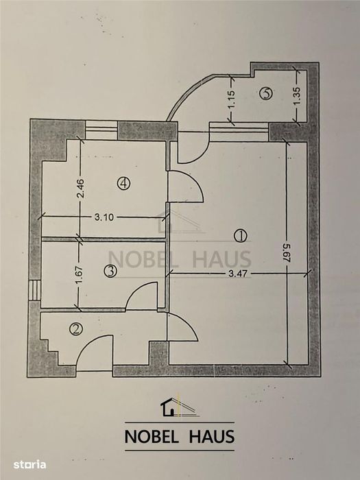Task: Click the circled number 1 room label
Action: click(240, 236)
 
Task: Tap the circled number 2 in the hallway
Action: click(76, 329)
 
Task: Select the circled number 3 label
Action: click(110, 272)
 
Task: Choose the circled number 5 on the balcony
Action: click(266, 93)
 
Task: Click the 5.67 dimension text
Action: click(287, 253)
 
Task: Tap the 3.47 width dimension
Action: click(238, 273)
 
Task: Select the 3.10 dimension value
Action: click(104, 217)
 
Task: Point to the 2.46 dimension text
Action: click(81, 189)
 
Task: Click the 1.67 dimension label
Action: click(79, 276)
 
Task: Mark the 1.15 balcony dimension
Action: click(232, 99)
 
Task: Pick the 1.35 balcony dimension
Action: click(297, 97)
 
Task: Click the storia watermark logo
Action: click(29, 465)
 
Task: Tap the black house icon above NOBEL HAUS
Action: click(169, 407)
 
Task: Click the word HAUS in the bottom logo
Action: click(212, 437)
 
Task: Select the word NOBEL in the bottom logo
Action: click(152, 437)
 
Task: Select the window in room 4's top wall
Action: click(101, 130)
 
